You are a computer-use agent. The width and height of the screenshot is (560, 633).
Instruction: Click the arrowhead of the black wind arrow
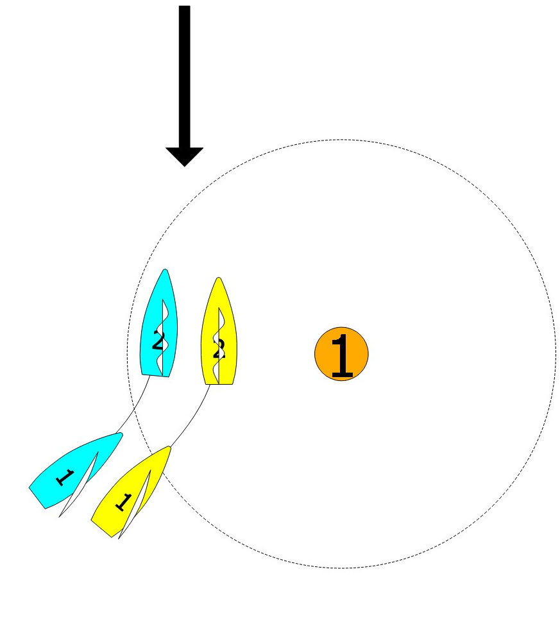[x=184, y=156]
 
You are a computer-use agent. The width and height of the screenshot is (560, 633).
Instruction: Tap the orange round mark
[x=341, y=354]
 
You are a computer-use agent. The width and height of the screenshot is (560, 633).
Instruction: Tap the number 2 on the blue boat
[x=158, y=341]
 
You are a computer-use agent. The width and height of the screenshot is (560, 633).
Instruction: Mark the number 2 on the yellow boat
[x=219, y=350]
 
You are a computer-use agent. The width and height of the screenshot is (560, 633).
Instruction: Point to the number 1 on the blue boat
[x=64, y=477]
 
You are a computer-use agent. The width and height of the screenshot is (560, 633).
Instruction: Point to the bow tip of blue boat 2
[x=166, y=270]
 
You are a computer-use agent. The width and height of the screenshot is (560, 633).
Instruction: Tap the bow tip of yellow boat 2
[x=219, y=278]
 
